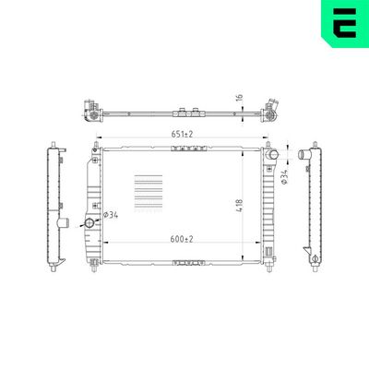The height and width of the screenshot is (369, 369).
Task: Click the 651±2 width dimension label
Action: point(182,134)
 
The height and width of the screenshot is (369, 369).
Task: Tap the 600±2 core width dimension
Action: point(182,239)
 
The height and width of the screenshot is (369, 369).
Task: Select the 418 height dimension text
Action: point(240,206)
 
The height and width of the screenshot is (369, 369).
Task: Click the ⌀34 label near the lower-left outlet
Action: point(111,215)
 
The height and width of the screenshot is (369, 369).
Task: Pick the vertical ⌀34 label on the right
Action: point(284,178)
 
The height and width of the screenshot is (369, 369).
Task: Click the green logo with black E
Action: point(345,24)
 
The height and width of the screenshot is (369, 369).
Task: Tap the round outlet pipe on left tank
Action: point(89,222)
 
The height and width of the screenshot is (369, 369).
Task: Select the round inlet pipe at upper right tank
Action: point(272,154)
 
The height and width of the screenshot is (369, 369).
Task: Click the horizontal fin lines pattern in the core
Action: point(149,194)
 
